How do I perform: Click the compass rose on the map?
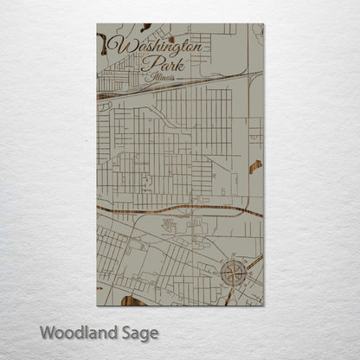tap(234, 274)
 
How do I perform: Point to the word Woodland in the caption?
tap(72, 331)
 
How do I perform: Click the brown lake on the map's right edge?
tap(255, 166)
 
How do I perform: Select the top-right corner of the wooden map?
tap(263, 24)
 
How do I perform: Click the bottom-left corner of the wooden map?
tap(97, 305)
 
